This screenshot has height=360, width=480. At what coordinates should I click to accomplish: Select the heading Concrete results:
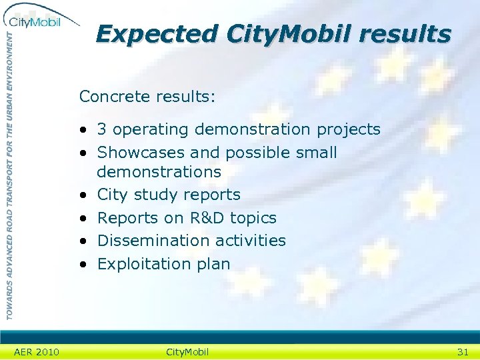pos(147,97)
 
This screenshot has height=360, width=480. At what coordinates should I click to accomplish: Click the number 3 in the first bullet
pos(102,129)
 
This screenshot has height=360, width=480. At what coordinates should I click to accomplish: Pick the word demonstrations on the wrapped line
pos(159,172)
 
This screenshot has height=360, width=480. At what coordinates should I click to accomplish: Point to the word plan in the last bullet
pos(213,264)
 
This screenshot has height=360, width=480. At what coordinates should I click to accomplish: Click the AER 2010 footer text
pos(36,352)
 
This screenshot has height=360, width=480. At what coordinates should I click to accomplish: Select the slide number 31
pos(462,352)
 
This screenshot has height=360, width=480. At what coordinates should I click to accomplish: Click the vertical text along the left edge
pos(9,173)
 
